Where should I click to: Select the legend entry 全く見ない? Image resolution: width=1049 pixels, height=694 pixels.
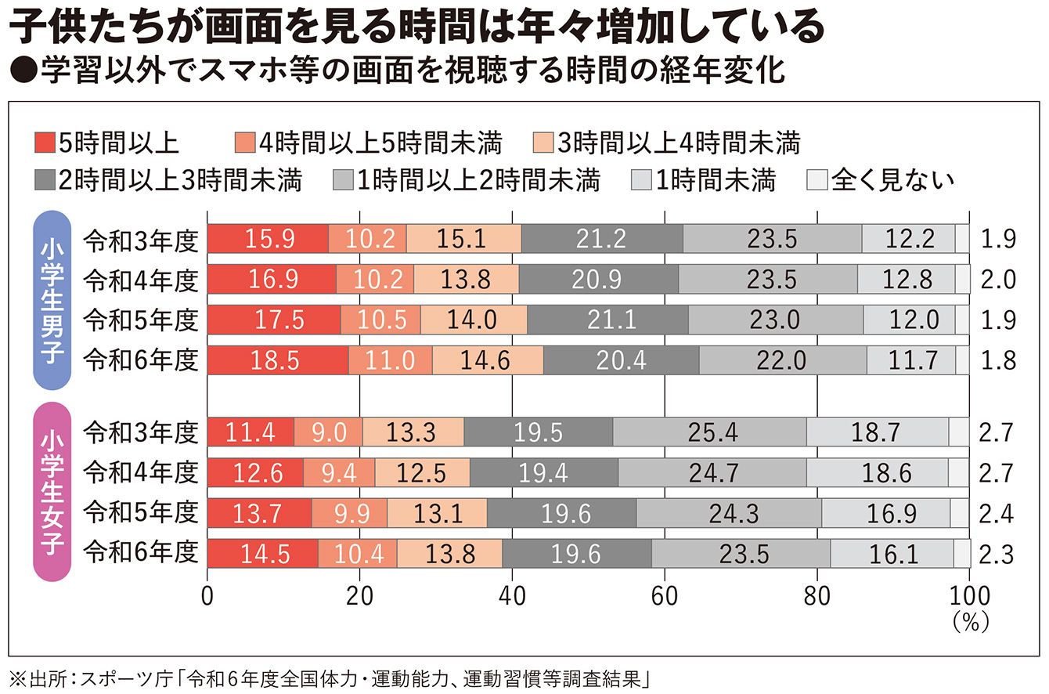880,179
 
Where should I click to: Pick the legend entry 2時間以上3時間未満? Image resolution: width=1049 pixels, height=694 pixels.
168,179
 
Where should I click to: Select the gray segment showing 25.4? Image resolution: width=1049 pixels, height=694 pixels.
709,432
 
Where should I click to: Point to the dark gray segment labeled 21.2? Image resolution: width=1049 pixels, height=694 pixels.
602,238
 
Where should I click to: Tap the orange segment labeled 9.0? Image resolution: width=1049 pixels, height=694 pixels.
328,432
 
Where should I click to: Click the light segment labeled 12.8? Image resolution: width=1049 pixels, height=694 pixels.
906,278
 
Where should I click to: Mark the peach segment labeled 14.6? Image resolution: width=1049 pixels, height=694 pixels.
487,360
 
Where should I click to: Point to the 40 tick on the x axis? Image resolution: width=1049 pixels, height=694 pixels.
512,595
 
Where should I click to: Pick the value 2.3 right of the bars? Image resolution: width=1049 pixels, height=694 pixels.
997,555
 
